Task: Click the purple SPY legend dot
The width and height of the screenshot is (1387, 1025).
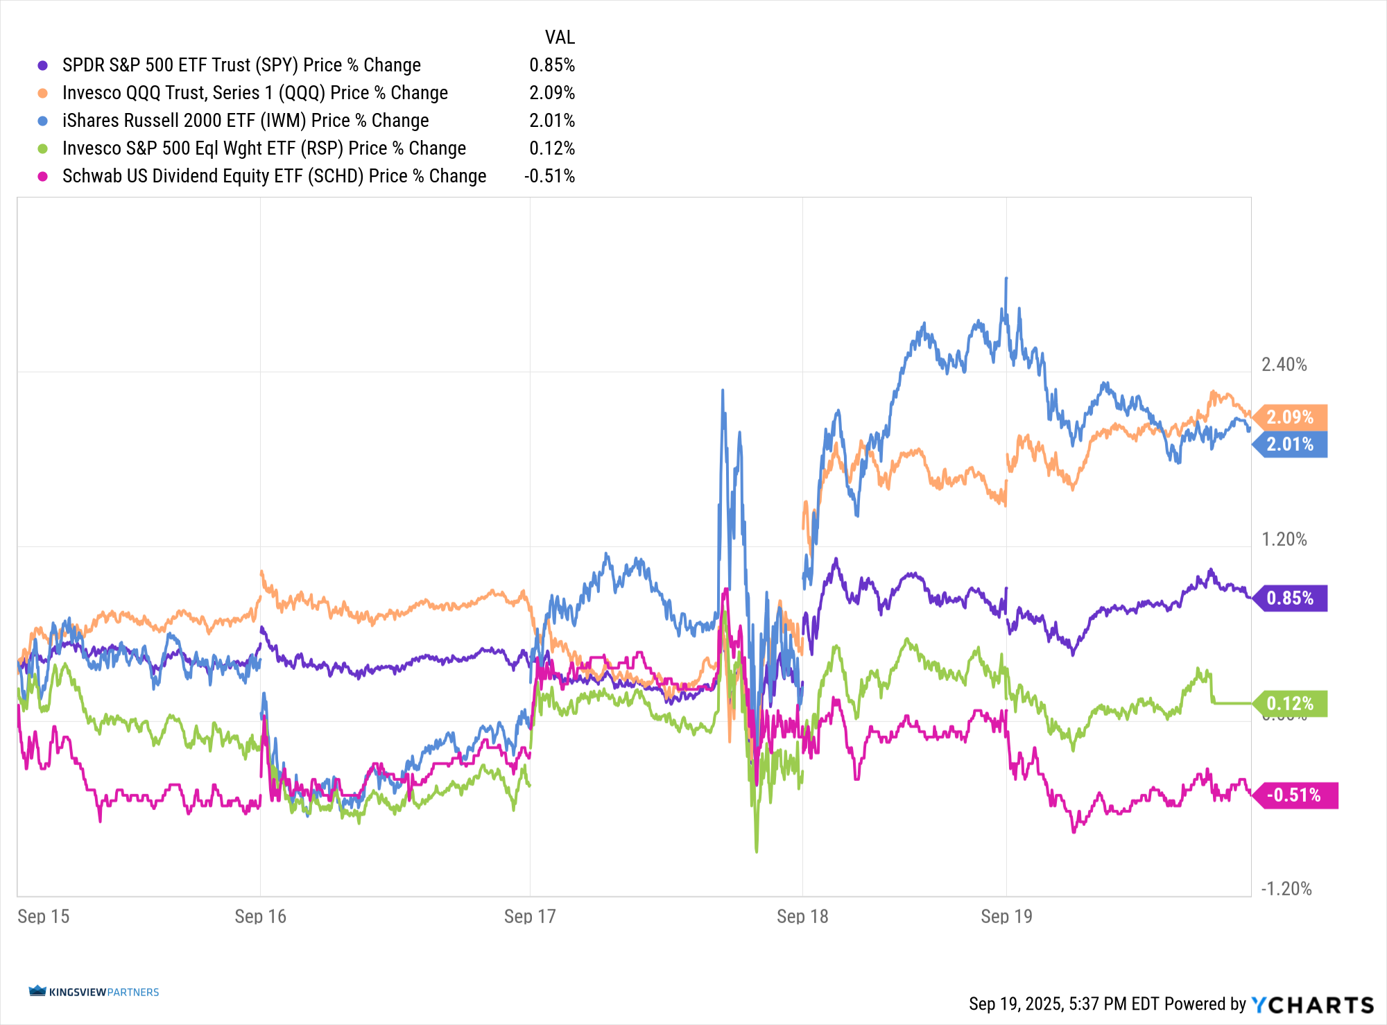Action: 43,65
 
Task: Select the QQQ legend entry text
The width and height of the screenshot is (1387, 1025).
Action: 255,93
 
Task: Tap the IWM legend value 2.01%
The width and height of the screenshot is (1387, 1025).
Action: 552,121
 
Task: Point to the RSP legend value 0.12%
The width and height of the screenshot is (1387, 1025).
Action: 552,148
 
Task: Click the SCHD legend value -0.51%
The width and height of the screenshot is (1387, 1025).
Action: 549,176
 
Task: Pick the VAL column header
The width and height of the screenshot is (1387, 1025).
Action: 560,37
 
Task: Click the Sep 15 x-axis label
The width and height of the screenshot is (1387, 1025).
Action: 43,916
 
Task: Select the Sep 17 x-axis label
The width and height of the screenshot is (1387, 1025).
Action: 530,916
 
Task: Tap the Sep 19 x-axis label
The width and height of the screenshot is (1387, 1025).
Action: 1006,916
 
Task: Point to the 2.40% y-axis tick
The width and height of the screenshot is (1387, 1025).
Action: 1284,365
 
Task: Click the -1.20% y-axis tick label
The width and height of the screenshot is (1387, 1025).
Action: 1286,889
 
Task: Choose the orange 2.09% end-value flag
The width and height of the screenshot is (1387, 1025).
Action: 1291,417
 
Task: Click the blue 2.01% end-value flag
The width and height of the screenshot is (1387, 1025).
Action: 1291,445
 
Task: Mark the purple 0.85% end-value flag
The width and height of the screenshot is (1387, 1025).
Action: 1291,598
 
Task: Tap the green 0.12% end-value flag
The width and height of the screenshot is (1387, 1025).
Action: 1291,704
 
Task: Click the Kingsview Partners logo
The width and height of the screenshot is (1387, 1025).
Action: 94,992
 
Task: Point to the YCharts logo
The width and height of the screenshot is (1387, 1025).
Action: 1312,1004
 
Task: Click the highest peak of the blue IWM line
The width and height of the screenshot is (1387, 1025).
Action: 1006,279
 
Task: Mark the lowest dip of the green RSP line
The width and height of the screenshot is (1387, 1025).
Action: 756,850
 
